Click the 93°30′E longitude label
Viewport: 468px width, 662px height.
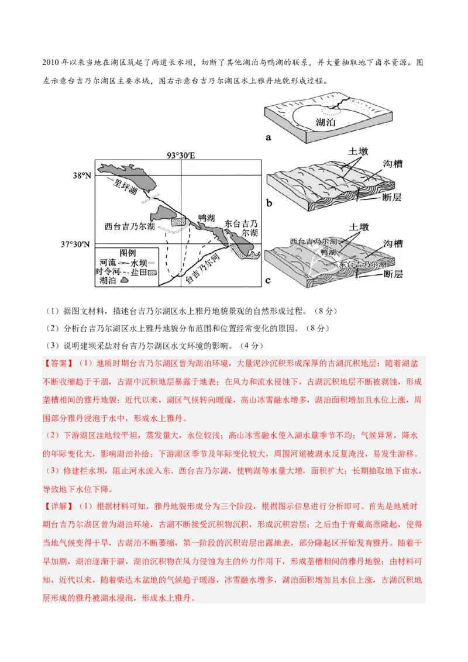point(181,156)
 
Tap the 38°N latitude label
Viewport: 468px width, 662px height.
point(81,175)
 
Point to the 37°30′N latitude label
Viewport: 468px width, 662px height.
point(77,244)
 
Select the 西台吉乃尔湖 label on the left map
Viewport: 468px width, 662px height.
point(130,226)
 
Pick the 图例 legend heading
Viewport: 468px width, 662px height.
point(128,253)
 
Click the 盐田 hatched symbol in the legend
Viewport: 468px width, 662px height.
point(152,272)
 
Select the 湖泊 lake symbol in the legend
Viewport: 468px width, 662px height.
point(125,281)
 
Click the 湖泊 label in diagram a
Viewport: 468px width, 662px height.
point(325,123)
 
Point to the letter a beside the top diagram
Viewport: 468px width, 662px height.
point(269,138)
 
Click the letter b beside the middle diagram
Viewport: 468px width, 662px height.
point(269,204)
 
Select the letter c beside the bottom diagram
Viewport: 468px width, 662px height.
point(269,280)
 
